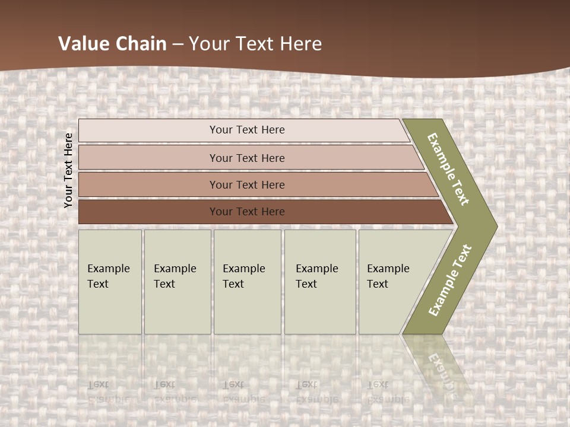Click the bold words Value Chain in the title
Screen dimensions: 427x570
112,44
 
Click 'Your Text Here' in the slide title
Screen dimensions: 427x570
255,44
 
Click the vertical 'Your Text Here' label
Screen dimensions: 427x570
68,170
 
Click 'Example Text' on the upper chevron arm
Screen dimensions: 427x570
448,169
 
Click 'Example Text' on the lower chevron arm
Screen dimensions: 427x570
449,280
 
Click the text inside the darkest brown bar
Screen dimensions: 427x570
247,212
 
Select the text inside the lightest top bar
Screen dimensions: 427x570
247,130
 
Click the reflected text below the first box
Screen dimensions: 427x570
108,391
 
